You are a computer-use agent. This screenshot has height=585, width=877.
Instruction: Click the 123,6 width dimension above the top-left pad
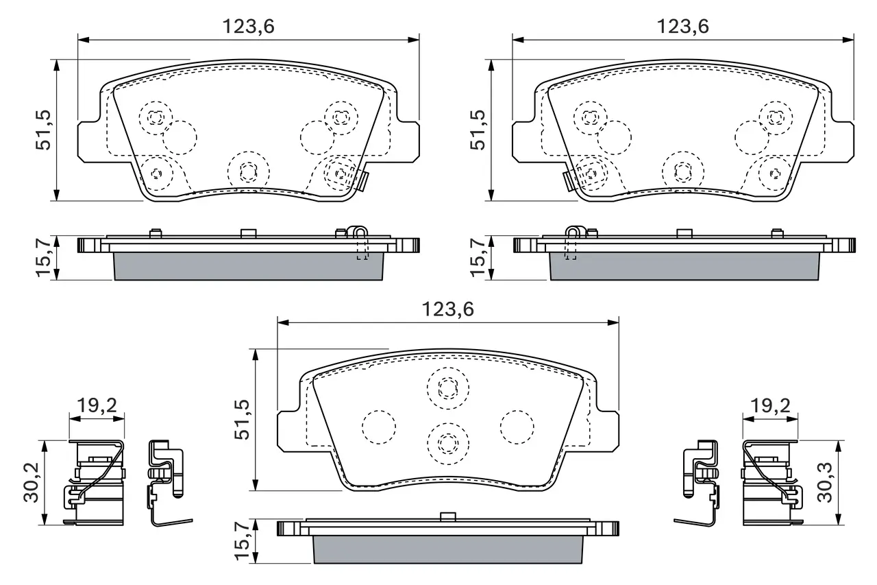(x=248, y=27)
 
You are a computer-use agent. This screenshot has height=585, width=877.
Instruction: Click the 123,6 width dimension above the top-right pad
(x=683, y=27)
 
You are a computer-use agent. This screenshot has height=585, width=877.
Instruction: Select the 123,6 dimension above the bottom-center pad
(x=447, y=309)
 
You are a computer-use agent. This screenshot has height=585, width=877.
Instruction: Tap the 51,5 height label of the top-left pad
(x=43, y=130)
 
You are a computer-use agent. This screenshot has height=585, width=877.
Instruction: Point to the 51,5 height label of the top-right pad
(x=478, y=130)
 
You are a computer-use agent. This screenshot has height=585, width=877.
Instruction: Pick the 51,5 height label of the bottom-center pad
(x=242, y=419)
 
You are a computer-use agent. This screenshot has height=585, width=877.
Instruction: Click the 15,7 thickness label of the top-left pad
(x=44, y=257)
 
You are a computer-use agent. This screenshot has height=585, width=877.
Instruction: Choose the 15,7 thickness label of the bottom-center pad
(x=242, y=540)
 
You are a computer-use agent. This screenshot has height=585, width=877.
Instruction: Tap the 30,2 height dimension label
(x=32, y=482)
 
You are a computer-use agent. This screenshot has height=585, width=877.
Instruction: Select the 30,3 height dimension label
(x=824, y=482)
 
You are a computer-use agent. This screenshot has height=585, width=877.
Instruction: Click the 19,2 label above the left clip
(x=97, y=405)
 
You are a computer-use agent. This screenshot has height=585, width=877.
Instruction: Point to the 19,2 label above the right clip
(x=770, y=405)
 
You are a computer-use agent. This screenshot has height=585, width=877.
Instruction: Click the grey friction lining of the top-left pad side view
(x=249, y=266)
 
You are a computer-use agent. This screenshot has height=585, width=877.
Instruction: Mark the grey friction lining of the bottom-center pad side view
(x=448, y=549)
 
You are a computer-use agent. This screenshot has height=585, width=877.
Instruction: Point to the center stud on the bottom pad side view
(x=448, y=516)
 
